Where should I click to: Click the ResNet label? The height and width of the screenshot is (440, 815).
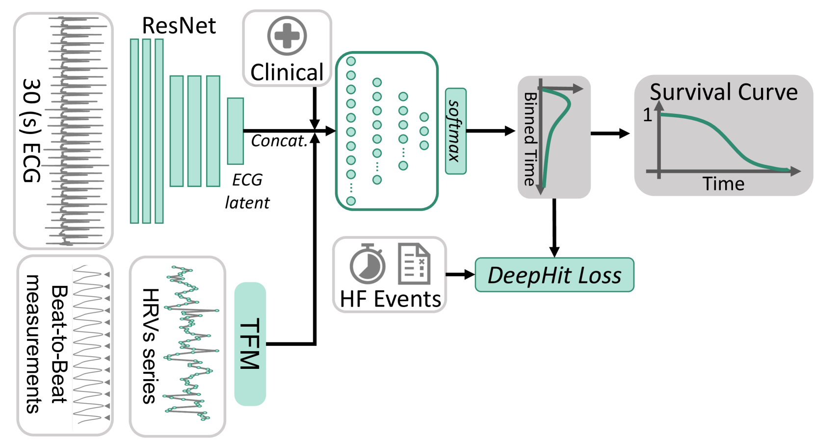pos(179,26)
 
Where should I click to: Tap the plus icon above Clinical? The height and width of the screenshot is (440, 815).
pos(287,36)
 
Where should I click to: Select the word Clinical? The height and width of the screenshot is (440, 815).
pos(287,72)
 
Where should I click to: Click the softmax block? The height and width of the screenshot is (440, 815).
pos(455,131)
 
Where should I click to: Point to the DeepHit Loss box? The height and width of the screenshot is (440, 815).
pos(554,275)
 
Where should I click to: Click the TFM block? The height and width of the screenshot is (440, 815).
pos(250,344)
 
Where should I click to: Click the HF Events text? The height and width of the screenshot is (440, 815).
pos(390,299)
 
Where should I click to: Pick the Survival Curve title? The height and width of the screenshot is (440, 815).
pos(723,92)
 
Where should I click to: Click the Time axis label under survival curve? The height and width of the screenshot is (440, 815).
pos(723,183)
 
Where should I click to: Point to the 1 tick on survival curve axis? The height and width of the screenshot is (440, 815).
pos(648,115)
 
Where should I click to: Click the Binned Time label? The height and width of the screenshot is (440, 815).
pos(530,139)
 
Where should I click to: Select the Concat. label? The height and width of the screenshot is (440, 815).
pos(279,141)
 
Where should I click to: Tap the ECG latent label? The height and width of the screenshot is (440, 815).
pos(247,191)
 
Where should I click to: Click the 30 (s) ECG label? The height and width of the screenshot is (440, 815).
pos(31,130)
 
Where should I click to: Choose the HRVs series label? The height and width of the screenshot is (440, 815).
pos(149,346)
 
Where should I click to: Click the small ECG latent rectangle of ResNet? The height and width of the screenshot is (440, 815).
pos(235,131)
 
